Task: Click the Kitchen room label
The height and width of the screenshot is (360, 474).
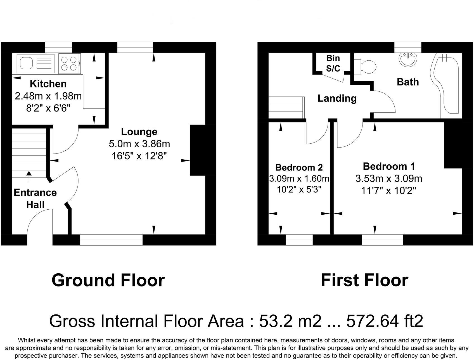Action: point(48,84)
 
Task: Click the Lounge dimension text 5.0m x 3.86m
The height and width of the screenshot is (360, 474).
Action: point(139,144)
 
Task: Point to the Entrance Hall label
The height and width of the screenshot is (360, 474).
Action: point(35,198)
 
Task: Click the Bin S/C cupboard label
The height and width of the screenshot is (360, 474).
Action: point(333,63)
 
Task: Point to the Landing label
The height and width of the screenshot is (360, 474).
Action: point(337,98)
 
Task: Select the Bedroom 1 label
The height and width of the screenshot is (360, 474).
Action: point(389,166)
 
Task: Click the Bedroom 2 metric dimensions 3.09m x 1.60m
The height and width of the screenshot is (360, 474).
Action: point(299,178)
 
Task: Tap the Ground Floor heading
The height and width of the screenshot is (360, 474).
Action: point(108,280)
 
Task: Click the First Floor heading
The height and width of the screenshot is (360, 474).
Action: point(364,280)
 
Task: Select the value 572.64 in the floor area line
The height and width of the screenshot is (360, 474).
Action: point(372,321)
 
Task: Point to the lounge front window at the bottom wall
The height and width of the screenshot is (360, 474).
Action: point(111,240)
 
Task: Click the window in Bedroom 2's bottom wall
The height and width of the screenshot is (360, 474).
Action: point(299,240)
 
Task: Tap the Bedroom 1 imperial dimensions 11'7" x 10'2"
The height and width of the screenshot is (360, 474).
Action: point(388,191)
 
